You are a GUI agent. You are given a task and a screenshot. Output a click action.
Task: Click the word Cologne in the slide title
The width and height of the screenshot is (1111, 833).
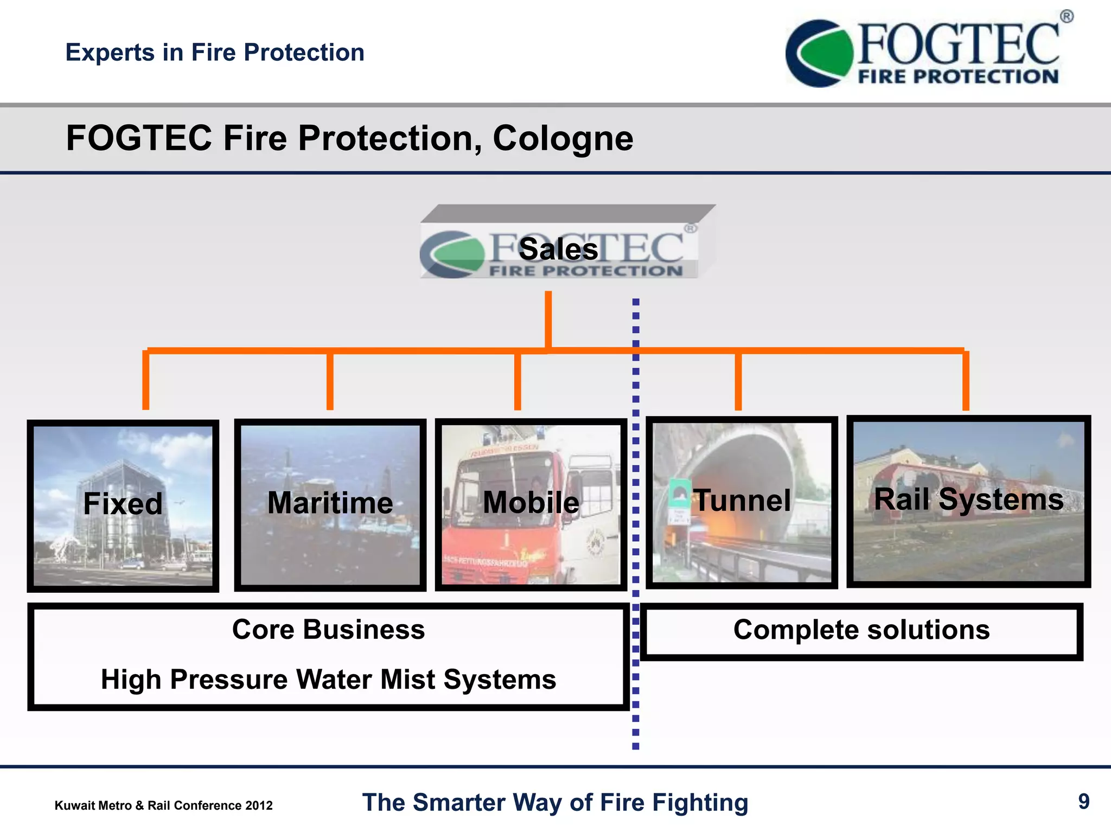click(563, 139)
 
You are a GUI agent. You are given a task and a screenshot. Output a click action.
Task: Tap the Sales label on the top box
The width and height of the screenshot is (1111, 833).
click(558, 249)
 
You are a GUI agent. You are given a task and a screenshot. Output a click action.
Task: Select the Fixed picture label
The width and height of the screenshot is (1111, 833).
click(123, 504)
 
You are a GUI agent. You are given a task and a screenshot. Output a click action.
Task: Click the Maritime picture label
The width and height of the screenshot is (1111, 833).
click(330, 503)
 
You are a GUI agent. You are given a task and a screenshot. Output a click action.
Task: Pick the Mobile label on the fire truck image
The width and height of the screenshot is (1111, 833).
click(531, 502)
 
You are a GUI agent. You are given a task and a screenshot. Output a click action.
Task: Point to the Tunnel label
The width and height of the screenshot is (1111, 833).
click(742, 500)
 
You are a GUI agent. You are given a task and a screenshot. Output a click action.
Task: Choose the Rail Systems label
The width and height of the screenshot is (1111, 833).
click(968, 499)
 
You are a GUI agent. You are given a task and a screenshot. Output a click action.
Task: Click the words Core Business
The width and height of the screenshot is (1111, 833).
click(328, 630)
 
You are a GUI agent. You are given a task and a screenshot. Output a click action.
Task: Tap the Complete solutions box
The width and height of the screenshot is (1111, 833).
click(861, 631)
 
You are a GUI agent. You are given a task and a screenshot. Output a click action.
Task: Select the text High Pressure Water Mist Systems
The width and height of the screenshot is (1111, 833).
click(328, 680)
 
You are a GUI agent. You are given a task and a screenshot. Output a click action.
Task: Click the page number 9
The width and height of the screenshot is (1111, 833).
click(1083, 802)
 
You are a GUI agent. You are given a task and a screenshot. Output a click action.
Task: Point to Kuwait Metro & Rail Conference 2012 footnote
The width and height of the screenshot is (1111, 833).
click(163, 805)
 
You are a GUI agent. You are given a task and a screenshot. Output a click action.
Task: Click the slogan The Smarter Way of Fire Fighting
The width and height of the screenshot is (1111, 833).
click(555, 803)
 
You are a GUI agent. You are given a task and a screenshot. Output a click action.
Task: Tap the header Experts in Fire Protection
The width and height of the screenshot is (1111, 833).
click(215, 53)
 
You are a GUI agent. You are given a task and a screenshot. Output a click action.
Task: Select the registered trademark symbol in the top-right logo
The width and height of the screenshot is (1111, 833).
click(1066, 16)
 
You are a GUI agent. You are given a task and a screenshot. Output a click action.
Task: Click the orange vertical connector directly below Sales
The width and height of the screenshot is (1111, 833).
click(548, 320)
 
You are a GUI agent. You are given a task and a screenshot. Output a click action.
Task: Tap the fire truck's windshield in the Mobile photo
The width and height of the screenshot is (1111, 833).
click(502, 477)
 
